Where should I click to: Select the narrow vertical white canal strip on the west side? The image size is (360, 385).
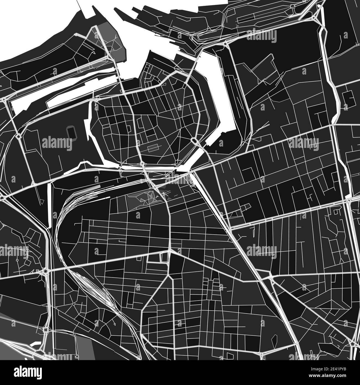click(50, 205)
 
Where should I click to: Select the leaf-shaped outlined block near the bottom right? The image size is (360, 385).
click(274, 339)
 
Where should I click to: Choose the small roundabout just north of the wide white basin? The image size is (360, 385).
click(225, 43)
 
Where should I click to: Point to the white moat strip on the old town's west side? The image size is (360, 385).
click(89, 130)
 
